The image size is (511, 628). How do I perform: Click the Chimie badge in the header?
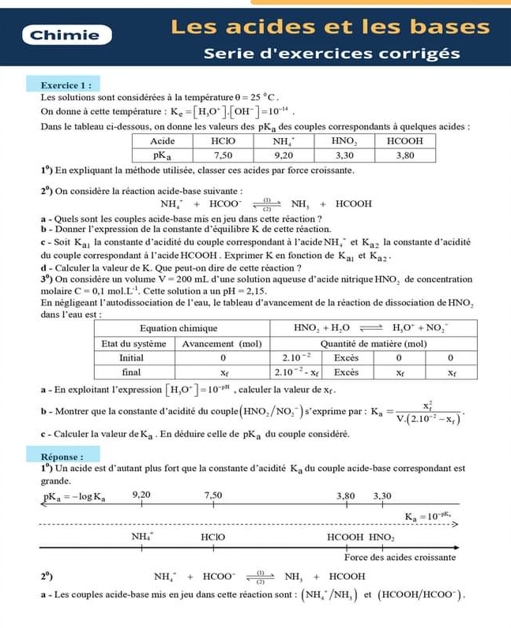click(x=65, y=35)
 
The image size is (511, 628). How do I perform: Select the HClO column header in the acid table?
click(x=224, y=140)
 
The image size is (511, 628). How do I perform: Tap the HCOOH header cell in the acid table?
click(x=404, y=140)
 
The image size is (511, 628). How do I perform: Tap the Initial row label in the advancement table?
click(x=133, y=357)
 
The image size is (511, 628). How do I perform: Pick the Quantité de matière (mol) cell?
click(x=373, y=343)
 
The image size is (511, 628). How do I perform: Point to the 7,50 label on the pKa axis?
click(x=215, y=495)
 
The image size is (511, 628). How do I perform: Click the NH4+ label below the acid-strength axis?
click(x=142, y=536)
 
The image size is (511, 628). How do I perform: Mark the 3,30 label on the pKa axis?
click(x=382, y=495)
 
